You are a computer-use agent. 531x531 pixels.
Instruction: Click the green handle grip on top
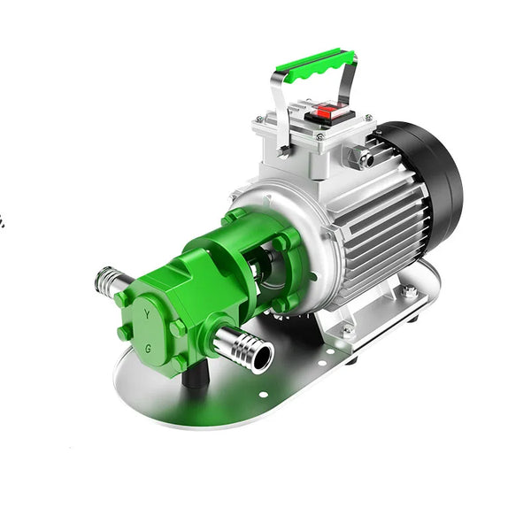[x=315, y=65]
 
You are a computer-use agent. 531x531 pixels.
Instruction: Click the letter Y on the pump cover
[x=147, y=314]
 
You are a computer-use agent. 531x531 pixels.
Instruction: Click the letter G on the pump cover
[x=148, y=349]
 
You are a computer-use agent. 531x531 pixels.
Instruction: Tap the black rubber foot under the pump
[x=195, y=373]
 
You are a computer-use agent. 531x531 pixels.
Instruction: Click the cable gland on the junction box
[x=359, y=155]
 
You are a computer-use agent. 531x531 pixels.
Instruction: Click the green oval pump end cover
[x=149, y=331]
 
